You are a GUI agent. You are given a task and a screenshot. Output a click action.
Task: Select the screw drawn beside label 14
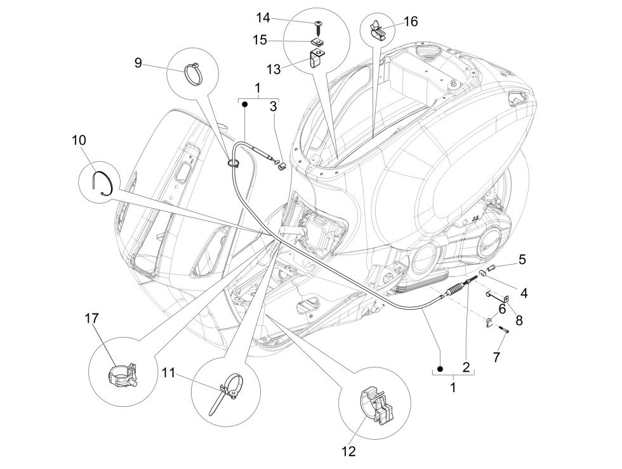tap(317, 25)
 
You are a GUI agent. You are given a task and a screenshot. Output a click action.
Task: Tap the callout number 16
tap(411, 22)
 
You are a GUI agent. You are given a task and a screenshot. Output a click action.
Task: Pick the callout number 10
tap(79, 140)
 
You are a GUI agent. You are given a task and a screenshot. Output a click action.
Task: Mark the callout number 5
tap(522, 259)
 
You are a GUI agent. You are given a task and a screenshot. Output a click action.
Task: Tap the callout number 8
tap(519, 321)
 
